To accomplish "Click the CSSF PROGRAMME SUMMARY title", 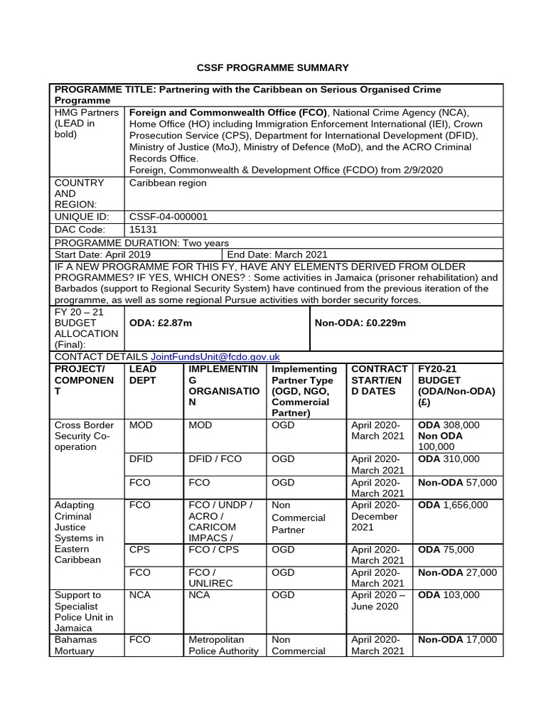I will pyautogui.click(x=272, y=68).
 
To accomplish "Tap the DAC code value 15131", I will pyautogui.click(x=143, y=230).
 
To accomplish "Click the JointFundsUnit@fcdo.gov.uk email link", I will pyautogui.click(x=215, y=357).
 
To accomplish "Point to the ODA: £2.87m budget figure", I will pyautogui.click(x=161, y=323).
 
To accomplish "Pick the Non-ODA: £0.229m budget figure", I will pyautogui.click(x=360, y=323).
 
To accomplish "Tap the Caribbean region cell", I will pyautogui.click(x=168, y=183).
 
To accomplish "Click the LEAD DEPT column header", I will pyautogui.click(x=143, y=375).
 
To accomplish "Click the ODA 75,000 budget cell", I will pyautogui.click(x=446, y=550).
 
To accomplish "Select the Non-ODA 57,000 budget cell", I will pyautogui.click(x=457, y=483).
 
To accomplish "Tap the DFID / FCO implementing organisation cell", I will pyautogui.click(x=215, y=459).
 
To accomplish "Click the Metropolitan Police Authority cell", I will pyautogui.click(x=220, y=645).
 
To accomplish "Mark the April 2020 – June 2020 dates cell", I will pyautogui.click(x=379, y=601).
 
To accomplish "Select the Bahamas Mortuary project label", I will pyautogui.click(x=76, y=645).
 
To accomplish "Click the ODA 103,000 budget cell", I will pyautogui.click(x=449, y=595).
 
